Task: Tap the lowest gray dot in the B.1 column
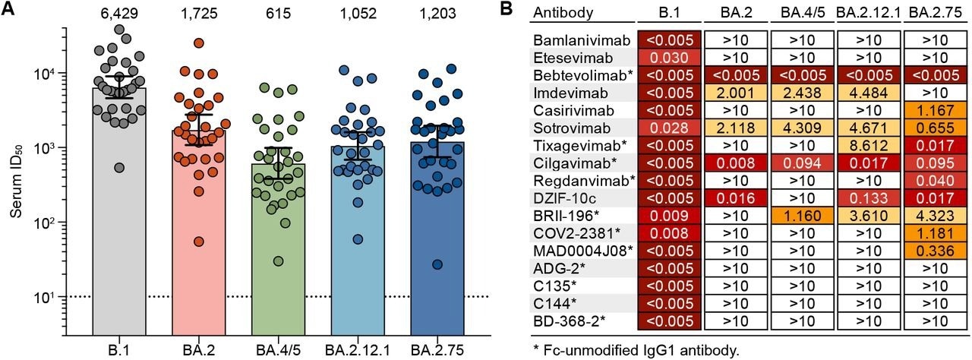pos(119,167)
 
